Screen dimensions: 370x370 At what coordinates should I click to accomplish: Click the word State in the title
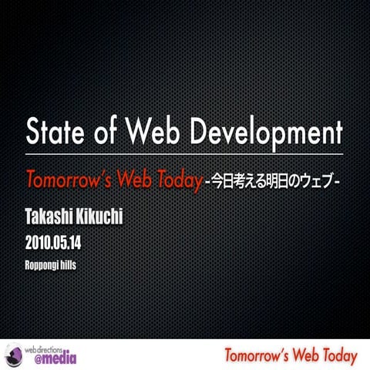coord(55,133)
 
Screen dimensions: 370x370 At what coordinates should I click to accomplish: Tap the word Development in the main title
coord(265,133)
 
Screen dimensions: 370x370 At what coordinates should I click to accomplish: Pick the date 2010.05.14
coord(53,244)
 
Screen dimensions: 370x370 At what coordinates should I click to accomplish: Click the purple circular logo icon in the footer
coord(13,355)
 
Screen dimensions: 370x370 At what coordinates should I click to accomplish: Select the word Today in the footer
coord(338,356)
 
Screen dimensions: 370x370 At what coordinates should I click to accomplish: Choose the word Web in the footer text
coord(301,356)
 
